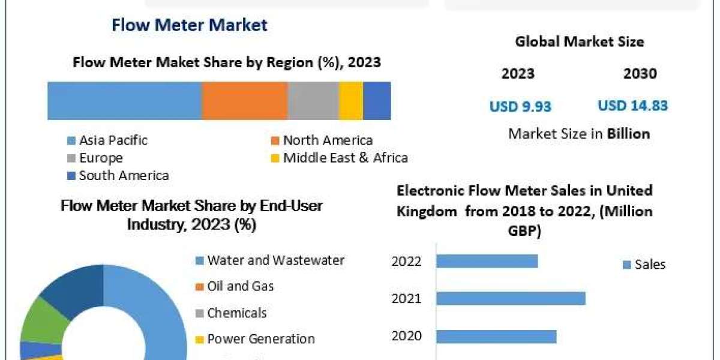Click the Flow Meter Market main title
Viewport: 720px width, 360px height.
[x=189, y=25]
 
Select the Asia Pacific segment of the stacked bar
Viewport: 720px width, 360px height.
[x=124, y=100]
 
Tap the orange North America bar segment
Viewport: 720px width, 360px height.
[x=245, y=100]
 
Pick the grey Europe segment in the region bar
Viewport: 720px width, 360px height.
[x=313, y=100]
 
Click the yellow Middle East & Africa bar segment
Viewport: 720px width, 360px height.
[x=351, y=100]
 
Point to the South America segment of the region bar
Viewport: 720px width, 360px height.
[x=377, y=100]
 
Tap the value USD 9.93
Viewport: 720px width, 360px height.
[x=520, y=107]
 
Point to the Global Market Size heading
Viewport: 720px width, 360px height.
[x=579, y=42]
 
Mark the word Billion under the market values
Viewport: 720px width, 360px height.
[x=628, y=134]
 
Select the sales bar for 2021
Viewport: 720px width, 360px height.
[x=511, y=298]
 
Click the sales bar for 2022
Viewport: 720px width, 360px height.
[x=487, y=261]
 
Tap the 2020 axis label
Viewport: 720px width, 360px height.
[x=406, y=335]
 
